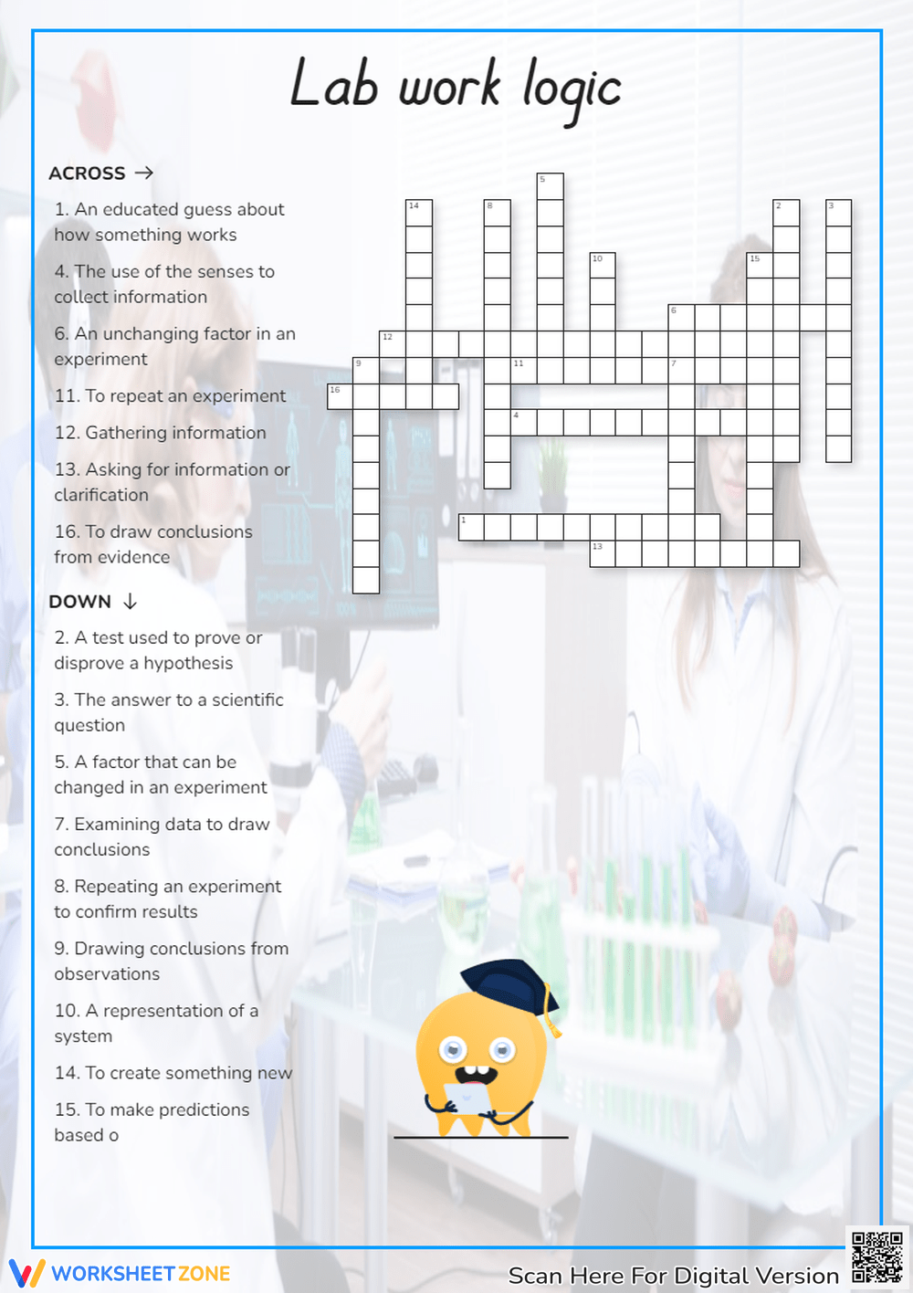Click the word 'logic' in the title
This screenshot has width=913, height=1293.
tap(572, 89)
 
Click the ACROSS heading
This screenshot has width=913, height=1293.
tap(87, 173)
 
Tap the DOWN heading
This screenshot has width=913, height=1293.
tap(79, 602)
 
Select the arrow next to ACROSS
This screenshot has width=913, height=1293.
tap(144, 173)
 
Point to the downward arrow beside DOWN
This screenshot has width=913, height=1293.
tap(130, 601)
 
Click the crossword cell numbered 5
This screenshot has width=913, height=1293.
tap(550, 186)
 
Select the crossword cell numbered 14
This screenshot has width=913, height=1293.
tap(418, 213)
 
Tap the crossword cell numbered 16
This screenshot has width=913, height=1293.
tap(340, 396)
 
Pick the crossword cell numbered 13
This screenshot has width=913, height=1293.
tap(603, 553)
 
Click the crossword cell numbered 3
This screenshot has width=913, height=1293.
tap(838, 213)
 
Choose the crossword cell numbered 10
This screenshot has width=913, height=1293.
tap(602, 266)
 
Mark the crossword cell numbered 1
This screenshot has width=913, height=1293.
tap(471, 527)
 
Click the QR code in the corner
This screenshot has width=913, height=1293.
tap(876, 1257)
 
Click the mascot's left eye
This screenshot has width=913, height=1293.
tap(453, 1050)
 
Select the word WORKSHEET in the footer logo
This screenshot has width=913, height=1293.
tap(113, 1274)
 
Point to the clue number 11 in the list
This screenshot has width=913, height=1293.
tap(66, 396)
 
